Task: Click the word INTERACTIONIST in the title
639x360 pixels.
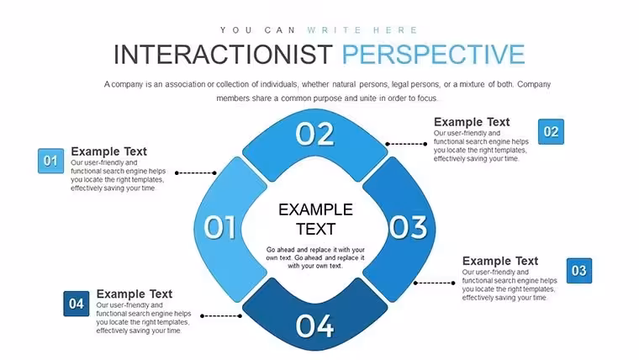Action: (223, 54)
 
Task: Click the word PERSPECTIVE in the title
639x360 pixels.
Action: (433, 54)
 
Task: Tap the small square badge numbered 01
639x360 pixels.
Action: (50, 161)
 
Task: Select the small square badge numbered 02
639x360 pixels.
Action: (551, 132)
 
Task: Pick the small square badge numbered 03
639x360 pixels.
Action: (579, 271)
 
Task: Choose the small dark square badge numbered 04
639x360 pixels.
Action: (77, 304)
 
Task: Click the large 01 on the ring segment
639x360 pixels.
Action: (219, 226)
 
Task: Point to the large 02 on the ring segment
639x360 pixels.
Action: (314, 134)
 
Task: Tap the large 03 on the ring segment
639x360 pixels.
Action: (408, 226)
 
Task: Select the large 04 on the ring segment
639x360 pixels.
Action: (314, 326)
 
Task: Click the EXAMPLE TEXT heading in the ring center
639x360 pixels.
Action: (315, 220)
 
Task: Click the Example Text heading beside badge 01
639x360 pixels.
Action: (108, 151)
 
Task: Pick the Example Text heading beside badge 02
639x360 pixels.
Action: (472, 122)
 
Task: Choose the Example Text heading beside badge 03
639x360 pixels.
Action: (500, 261)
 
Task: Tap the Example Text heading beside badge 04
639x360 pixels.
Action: (134, 294)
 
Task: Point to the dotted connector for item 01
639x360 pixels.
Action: (196, 173)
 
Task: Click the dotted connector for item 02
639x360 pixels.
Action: (406, 144)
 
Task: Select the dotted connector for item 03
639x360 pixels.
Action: (435, 283)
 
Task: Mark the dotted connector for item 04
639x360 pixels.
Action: (221, 316)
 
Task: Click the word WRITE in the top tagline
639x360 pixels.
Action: (335, 30)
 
